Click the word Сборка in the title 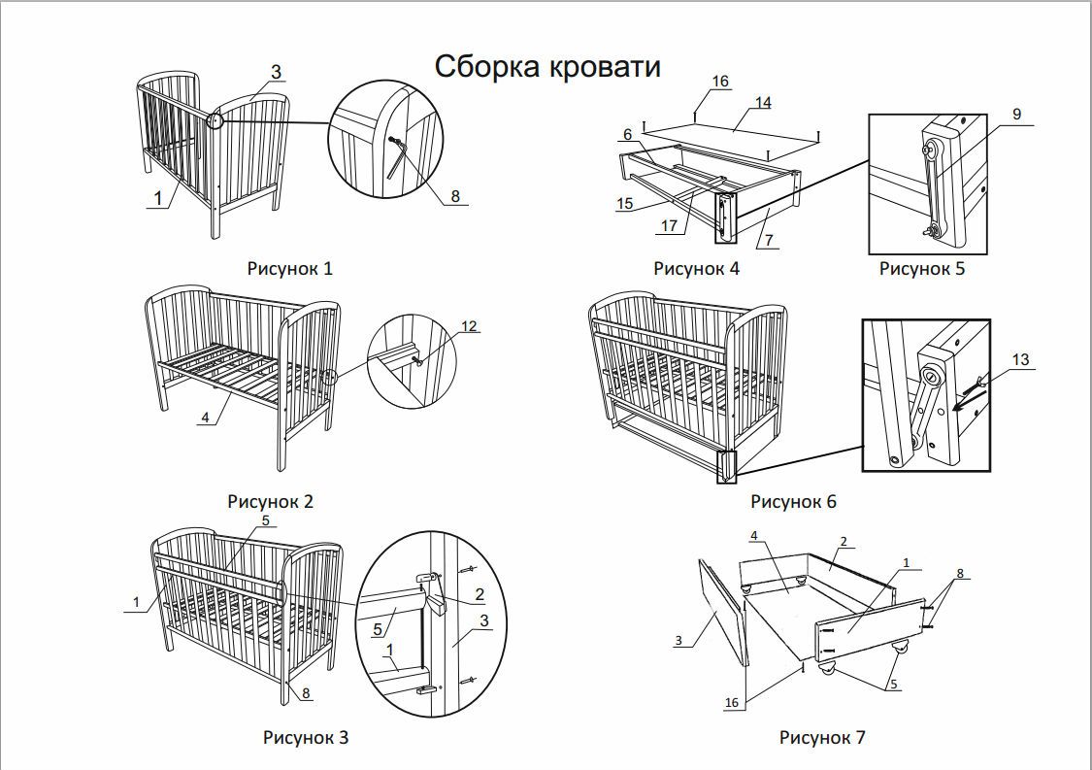point(490,67)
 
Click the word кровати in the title point(607,67)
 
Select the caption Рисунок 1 point(289,268)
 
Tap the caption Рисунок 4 point(696,268)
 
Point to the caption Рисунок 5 point(922,268)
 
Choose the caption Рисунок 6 point(793,501)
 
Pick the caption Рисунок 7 point(822,737)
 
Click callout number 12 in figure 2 point(469,326)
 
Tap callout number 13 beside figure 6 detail point(1019,360)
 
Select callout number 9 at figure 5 point(1016,115)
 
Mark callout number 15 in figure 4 point(624,203)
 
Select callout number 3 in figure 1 point(276,72)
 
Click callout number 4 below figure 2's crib point(205,418)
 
